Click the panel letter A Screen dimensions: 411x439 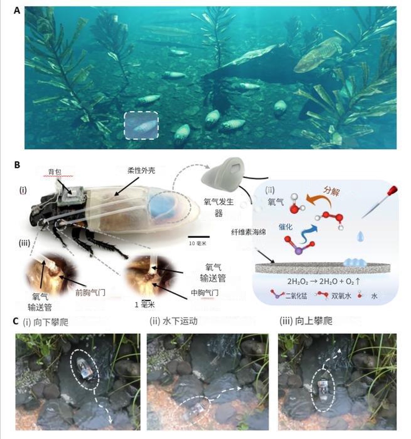click(17, 11)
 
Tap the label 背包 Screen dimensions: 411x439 click(55, 172)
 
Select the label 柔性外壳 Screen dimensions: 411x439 click(141, 170)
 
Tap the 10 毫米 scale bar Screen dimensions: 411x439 click(199, 237)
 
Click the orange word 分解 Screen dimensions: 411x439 click(332, 191)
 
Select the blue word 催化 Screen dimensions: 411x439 click(285, 227)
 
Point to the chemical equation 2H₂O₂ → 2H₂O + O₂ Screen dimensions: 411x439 click(324, 281)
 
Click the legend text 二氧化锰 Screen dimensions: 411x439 click(296, 296)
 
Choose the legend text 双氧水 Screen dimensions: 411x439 click(341, 296)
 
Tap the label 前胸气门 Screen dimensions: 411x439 click(90, 293)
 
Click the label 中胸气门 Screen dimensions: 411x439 click(205, 293)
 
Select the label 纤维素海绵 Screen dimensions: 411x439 click(248, 232)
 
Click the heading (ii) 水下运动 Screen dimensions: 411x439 click(173, 321)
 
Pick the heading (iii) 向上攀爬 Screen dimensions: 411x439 click(306, 321)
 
